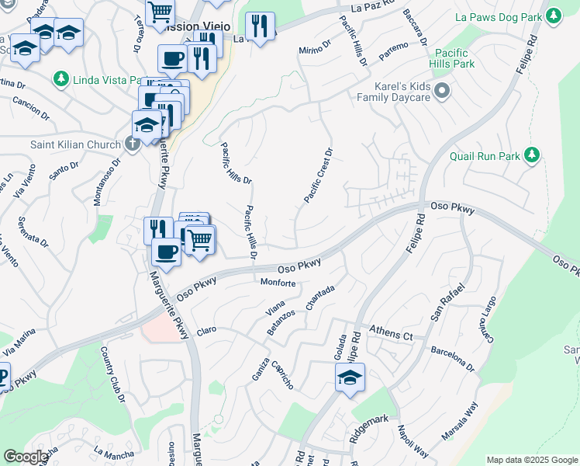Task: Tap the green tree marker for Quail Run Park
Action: point(531,155)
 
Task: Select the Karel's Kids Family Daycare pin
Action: point(443,92)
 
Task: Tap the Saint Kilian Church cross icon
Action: point(133,144)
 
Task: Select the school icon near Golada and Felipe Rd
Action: point(350,378)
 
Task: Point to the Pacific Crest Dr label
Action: point(319,176)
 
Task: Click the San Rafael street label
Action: point(448,303)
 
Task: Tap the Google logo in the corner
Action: point(25,457)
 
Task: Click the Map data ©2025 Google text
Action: point(531,460)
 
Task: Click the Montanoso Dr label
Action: point(108,182)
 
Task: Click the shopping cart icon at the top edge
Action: point(160,11)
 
